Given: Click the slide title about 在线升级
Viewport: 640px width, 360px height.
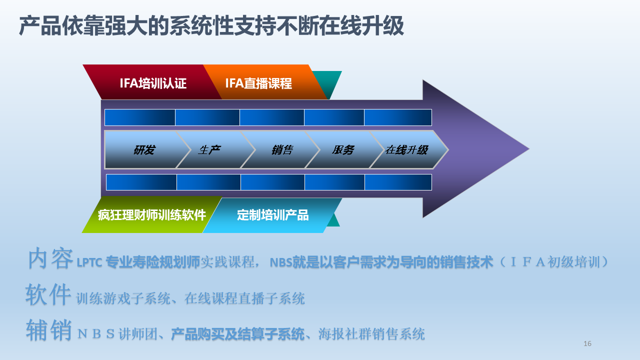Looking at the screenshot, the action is coord(211,26).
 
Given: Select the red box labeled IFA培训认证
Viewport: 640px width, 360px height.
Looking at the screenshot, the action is coord(152,82).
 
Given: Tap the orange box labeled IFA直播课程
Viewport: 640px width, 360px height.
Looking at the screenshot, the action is coord(265,82).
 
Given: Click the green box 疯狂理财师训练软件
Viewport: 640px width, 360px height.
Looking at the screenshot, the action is coord(151,214).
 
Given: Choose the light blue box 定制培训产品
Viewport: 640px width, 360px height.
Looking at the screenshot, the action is coord(272,215).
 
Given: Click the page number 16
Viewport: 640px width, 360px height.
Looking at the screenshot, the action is coord(587,343).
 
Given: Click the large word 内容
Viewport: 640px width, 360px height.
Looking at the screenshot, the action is coord(50,258).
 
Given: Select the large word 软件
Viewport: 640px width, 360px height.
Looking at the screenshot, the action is coord(48,294).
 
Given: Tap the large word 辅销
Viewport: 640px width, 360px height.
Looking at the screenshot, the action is coord(49,330).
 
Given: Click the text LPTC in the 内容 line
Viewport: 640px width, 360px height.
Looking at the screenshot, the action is coord(89,262).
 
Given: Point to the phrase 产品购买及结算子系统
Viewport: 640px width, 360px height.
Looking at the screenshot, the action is coord(237,334).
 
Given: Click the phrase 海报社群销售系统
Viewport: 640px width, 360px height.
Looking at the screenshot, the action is coord(371,334).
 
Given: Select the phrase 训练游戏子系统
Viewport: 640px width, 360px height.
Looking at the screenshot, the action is coord(123,298).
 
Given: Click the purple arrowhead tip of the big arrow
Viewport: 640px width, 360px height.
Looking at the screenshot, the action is coord(528,149).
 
